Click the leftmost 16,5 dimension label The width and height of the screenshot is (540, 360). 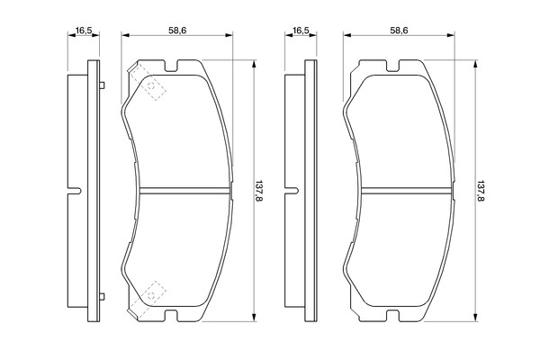pos(84,31)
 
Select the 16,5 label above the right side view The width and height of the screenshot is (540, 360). pos(301,31)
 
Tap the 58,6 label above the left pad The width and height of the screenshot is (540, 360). pos(177,31)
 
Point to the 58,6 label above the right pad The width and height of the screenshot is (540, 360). pos(399,31)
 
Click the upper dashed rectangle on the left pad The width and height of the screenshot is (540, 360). pos(147,83)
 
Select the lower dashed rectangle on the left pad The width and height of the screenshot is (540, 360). pos(147,299)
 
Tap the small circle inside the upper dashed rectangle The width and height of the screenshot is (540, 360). pos(151,86)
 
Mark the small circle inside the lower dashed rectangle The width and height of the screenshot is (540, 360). pos(151,295)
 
